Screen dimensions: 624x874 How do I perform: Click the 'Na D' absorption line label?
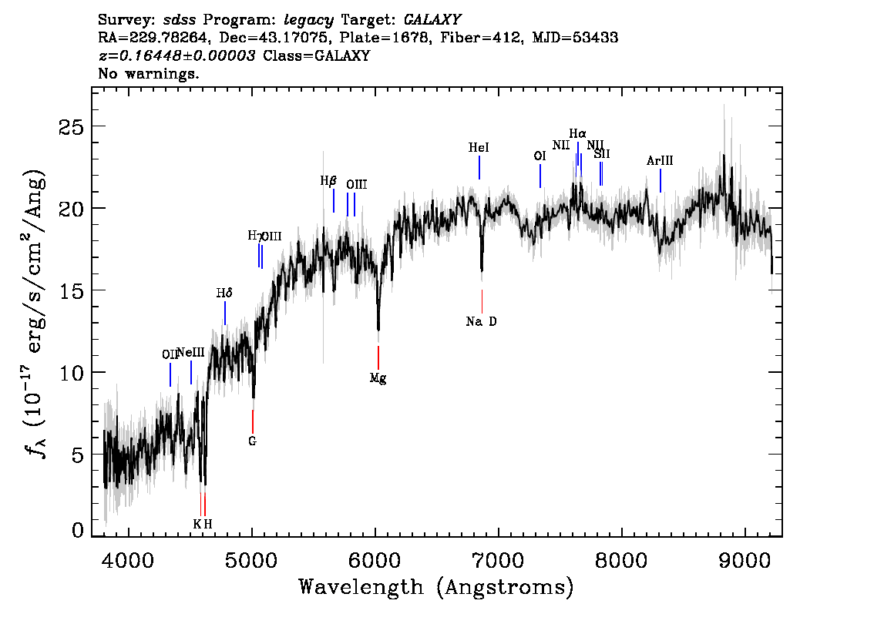[482, 321]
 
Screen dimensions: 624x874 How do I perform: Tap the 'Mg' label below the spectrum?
[378, 378]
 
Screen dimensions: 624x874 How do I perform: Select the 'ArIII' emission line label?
[660, 161]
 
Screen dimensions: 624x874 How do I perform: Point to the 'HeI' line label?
[479, 147]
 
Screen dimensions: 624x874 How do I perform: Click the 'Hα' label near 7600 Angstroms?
[577, 133]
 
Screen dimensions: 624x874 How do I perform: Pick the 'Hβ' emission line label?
[328, 182]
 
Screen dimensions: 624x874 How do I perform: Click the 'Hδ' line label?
[224, 293]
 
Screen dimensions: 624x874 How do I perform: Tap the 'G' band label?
[252, 441]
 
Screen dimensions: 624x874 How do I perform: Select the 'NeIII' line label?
[191, 353]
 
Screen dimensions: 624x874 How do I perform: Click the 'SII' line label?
[602, 154]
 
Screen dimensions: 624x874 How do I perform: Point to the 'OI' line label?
[540, 156]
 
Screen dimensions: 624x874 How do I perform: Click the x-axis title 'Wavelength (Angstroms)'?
[436, 588]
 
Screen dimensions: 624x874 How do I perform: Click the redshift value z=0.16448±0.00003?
[177, 56]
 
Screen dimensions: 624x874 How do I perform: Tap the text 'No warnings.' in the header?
[149, 74]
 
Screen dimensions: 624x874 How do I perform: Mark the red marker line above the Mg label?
[378, 357]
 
